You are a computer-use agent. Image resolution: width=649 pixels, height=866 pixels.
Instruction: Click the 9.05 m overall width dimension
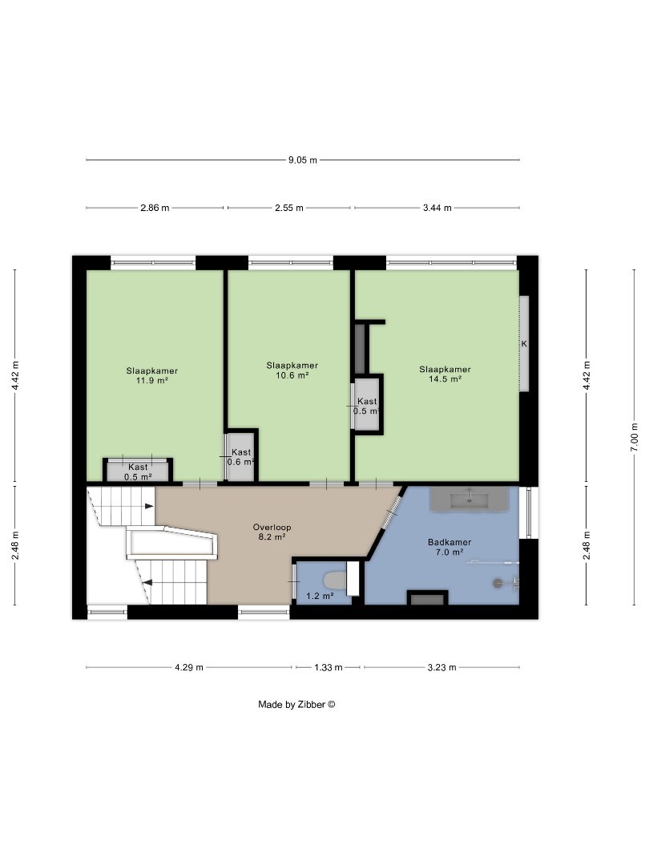tap(303, 160)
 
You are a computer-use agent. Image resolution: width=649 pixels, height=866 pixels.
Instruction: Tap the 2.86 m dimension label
tap(155, 208)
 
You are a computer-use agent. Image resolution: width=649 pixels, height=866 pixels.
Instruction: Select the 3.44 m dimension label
tap(437, 208)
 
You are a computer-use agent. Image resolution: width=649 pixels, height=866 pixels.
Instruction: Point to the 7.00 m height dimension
tap(634, 437)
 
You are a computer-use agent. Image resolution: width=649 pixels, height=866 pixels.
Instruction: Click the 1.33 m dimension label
tap(329, 667)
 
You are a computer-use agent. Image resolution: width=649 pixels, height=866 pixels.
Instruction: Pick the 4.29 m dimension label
tap(189, 667)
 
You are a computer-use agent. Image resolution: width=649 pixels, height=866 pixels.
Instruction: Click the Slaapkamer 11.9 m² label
tap(151, 375)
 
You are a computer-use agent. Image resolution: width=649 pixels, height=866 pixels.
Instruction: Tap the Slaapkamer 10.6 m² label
tap(292, 370)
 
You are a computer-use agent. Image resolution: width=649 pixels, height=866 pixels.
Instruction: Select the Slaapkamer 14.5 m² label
tap(445, 374)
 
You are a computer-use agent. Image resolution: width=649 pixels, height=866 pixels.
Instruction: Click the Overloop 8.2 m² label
tap(272, 532)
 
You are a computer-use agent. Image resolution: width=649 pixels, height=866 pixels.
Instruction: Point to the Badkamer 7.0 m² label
tap(449, 548)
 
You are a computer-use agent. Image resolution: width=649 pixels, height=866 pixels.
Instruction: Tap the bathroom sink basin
tap(470, 501)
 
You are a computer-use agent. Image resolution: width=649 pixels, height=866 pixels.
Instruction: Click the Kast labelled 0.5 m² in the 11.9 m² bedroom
tap(138, 471)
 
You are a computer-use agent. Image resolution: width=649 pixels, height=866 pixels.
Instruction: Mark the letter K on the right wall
tap(524, 343)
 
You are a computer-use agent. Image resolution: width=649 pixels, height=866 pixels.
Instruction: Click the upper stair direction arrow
tap(149, 506)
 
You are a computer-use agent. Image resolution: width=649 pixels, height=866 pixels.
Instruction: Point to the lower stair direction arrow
tap(147, 581)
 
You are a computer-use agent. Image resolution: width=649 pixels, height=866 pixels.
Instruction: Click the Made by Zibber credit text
tap(297, 704)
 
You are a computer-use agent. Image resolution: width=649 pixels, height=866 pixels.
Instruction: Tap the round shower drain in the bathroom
tap(498, 582)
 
